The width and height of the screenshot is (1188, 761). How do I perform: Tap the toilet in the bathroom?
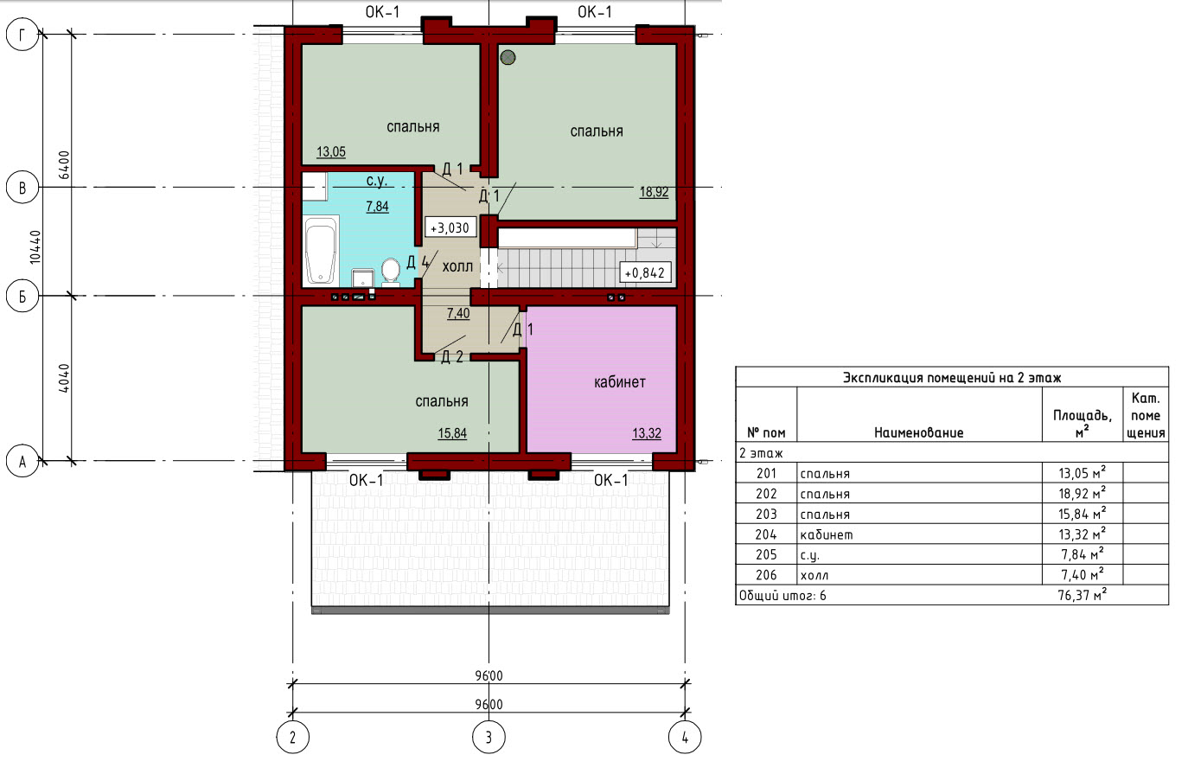click(391, 272)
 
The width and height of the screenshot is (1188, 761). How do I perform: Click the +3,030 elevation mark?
click(450, 228)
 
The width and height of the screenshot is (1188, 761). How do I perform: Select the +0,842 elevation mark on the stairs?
click(645, 272)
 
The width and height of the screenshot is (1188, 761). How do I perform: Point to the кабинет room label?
click(619, 382)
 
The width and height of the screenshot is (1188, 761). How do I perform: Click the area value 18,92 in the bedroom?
click(654, 192)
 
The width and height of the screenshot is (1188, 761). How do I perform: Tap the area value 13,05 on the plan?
click(331, 151)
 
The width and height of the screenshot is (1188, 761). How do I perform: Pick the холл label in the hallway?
click(457, 266)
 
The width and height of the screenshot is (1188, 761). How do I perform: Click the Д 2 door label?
click(452, 357)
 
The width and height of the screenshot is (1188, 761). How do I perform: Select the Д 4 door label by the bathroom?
click(418, 262)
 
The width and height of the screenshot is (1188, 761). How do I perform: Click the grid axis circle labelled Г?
click(22, 35)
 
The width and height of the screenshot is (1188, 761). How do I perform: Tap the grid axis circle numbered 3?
click(489, 737)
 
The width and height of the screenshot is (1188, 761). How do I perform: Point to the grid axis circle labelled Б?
click(22, 296)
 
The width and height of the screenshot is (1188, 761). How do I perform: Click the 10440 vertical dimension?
click(35, 247)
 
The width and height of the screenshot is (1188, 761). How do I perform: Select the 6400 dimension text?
click(64, 165)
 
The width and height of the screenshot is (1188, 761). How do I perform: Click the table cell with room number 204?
click(766, 534)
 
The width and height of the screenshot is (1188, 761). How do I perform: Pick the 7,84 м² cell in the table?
click(1082, 554)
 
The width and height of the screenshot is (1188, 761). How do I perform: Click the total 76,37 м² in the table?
click(1082, 595)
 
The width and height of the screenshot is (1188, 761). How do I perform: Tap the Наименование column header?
click(918, 432)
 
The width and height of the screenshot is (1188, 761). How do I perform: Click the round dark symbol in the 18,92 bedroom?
click(508, 57)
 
